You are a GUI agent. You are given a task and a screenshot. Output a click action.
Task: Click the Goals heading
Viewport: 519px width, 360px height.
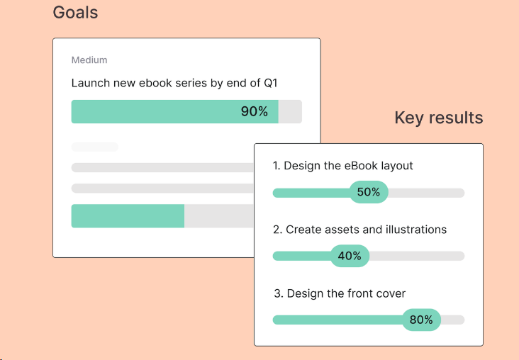(x=75, y=13)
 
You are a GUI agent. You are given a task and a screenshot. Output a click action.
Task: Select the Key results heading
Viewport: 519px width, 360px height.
(x=439, y=118)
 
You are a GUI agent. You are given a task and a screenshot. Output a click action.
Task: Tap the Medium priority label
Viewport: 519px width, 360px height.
(x=89, y=60)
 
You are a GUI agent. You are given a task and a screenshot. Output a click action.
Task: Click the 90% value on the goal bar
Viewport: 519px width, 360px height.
(x=255, y=111)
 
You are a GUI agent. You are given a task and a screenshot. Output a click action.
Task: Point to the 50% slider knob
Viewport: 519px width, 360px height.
(x=369, y=192)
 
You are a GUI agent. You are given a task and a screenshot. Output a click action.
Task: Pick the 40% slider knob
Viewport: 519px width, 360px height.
(x=350, y=256)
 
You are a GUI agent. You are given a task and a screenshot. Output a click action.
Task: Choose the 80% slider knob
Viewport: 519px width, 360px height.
(x=421, y=320)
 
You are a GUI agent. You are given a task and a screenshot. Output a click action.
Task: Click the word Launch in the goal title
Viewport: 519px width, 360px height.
(x=90, y=83)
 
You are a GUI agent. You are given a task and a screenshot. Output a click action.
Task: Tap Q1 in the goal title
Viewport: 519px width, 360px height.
(x=270, y=83)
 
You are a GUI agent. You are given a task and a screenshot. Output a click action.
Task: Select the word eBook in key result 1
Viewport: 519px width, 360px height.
(x=361, y=165)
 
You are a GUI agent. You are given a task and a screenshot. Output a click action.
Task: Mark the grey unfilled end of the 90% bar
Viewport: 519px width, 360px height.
(x=290, y=111)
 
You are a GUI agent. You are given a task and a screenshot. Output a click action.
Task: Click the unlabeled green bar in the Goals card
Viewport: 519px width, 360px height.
(x=128, y=215)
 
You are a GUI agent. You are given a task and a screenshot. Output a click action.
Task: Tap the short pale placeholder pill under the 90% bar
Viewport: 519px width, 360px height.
(x=95, y=147)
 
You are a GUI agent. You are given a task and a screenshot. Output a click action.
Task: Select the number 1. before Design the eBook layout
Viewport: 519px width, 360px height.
(x=277, y=165)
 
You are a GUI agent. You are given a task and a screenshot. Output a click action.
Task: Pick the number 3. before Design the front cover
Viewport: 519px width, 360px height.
(x=279, y=293)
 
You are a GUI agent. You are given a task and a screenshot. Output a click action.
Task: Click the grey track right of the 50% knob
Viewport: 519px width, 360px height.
(x=426, y=193)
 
